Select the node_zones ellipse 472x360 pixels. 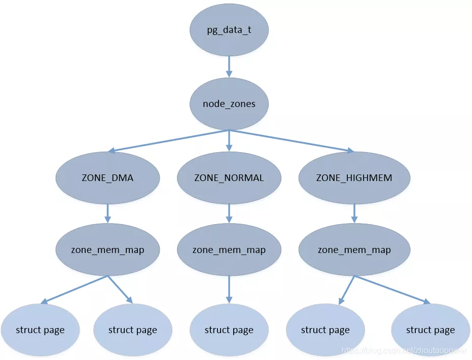point(229,104)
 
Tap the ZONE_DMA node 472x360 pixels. point(107,178)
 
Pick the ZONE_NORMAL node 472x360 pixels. point(229,178)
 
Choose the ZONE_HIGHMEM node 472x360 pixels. point(354,178)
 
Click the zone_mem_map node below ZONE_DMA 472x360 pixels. point(107,250)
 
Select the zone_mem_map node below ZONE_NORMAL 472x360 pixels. point(229,250)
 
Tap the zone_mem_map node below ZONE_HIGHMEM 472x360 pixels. point(354,250)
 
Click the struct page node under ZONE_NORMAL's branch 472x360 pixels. point(229,330)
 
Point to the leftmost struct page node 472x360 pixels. point(40,330)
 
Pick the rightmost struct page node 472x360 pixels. point(430,330)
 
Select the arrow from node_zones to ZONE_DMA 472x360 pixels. point(167,141)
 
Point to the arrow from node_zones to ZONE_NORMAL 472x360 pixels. point(229,140)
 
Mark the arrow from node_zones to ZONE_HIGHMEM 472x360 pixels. point(292,141)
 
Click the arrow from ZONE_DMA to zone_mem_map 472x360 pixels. point(107,213)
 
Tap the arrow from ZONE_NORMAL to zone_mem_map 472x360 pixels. point(229,213)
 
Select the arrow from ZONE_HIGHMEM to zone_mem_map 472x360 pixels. point(354,213)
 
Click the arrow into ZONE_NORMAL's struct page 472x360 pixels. point(229,290)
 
